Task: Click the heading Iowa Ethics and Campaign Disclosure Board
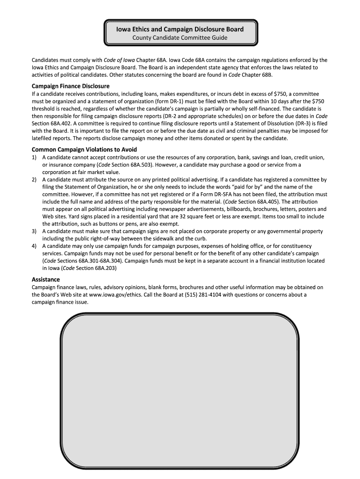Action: [x=180, y=29]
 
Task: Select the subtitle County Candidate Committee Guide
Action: [x=180, y=37]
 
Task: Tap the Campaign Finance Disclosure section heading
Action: [x=71, y=86]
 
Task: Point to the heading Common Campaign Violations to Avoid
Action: [x=84, y=149]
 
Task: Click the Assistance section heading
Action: [x=46, y=279]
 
